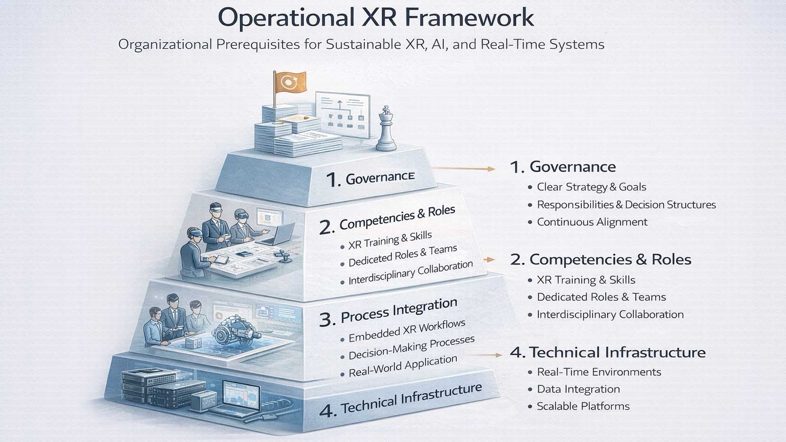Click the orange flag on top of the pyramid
click(290, 82)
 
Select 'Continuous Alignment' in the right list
click(592, 222)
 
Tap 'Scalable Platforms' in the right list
click(583, 406)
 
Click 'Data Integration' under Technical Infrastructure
click(578, 389)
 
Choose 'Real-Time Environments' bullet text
click(599, 372)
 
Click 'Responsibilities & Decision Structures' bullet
click(626, 205)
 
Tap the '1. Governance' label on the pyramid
click(370, 178)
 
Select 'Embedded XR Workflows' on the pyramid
click(407, 331)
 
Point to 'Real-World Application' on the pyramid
click(403, 366)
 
